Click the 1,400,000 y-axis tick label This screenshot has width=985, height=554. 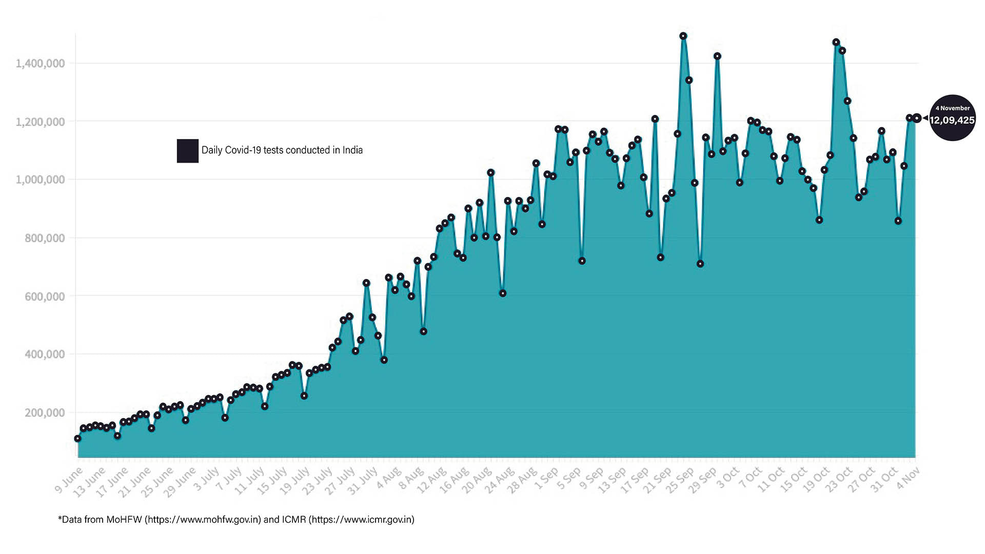pyautogui.click(x=41, y=64)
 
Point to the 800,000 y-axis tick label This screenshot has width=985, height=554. pyautogui.click(x=45, y=238)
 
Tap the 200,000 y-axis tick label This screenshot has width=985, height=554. pyautogui.click(x=45, y=412)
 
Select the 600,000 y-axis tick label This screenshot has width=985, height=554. pyautogui.click(x=45, y=296)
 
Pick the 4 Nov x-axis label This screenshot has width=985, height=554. pyautogui.click(x=909, y=478)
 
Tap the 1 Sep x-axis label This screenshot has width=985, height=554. pyautogui.click(x=546, y=479)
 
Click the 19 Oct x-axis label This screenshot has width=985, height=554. pyautogui.click(x=816, y=480)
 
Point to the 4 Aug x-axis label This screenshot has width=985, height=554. pyautogui.click(x=389, y=478)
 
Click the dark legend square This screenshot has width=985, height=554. pyautogui.click(x=188, y=151)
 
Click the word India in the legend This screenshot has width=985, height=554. pyautogui.click(x=352, y=150)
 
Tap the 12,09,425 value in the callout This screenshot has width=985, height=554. pyautogui.click(x=952, y=121)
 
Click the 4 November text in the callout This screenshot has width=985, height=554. pyautogui.click(x=953, y=108)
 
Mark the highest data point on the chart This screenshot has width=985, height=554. pyautogui.click(x=683, y=36)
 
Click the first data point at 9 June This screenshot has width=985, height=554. pyautogui.click(x=77, y=439)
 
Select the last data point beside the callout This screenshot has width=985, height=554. pyautogui.click(x=917, y=118)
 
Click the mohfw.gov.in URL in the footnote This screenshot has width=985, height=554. pyautogui.click(x=204, y=520)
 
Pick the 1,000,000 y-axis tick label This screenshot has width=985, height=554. pyautogui.click(x=41, y=180)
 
